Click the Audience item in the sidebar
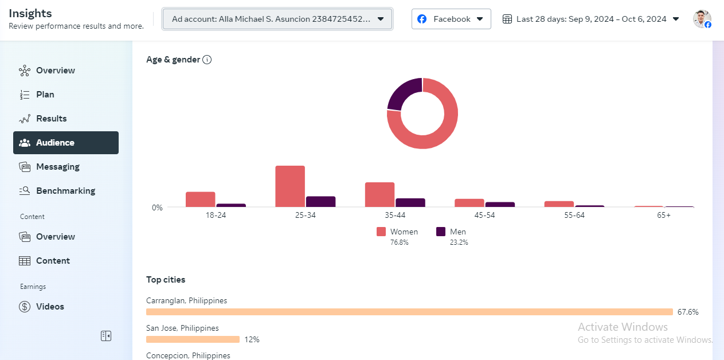coord(65,143)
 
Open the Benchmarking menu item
coord(65,191)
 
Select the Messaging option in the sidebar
coord(57,167)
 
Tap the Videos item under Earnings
coord(50,307)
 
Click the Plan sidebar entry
coord(45,95)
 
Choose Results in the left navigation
coord(51,119)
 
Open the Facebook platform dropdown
coord(451,19)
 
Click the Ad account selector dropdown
coord(277,19)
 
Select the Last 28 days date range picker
coord(590,19)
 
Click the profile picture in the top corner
coord(702,19)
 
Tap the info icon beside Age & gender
coord(208,60)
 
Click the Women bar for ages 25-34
coord(290,186)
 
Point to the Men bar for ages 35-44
coord(410,202)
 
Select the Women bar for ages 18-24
coord(201,199)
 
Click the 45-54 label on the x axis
coord(484,216)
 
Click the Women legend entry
coord(398,232)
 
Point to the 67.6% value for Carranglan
coord(688,312)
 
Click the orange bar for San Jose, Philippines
coord(193,339)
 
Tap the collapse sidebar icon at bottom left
coord(106,336)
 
